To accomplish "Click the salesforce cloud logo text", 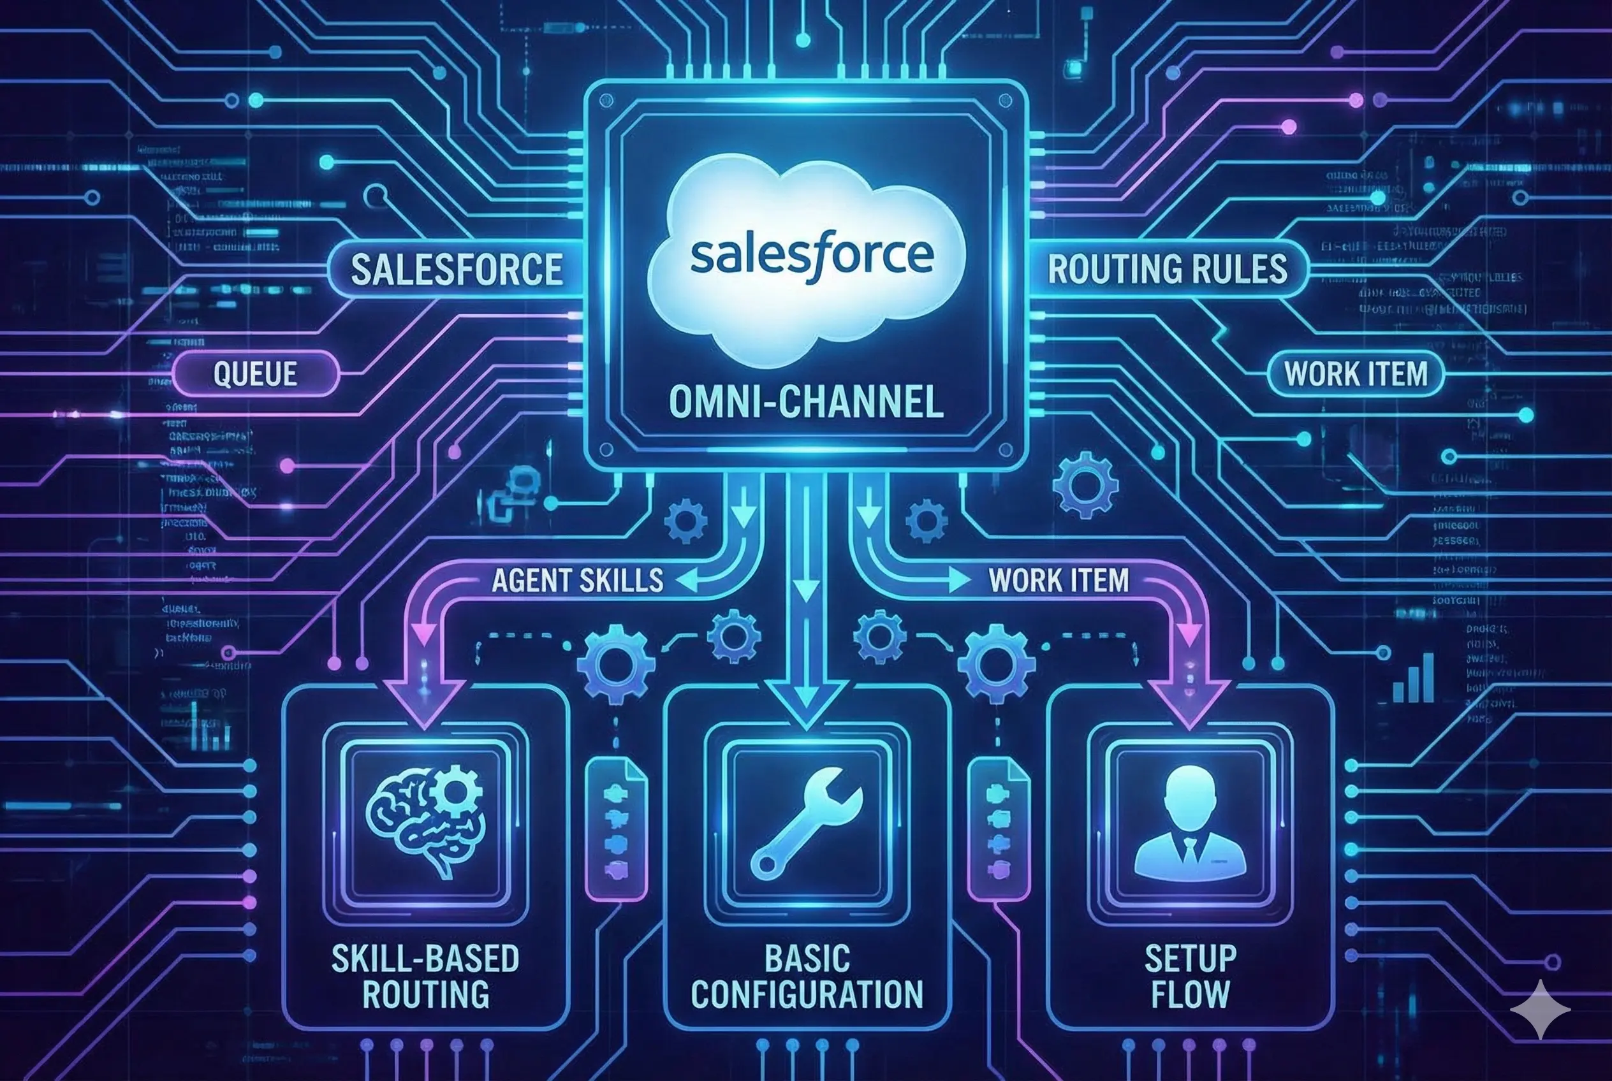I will click(811, 256).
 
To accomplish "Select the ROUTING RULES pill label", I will click(1167, 269).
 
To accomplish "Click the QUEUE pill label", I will click(255, 374).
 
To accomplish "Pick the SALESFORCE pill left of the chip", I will click(456, 269).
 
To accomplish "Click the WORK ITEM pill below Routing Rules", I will click(1356, 374).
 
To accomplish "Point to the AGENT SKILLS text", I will click(577, 581).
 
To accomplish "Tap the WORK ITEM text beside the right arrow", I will click(1059, 581).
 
